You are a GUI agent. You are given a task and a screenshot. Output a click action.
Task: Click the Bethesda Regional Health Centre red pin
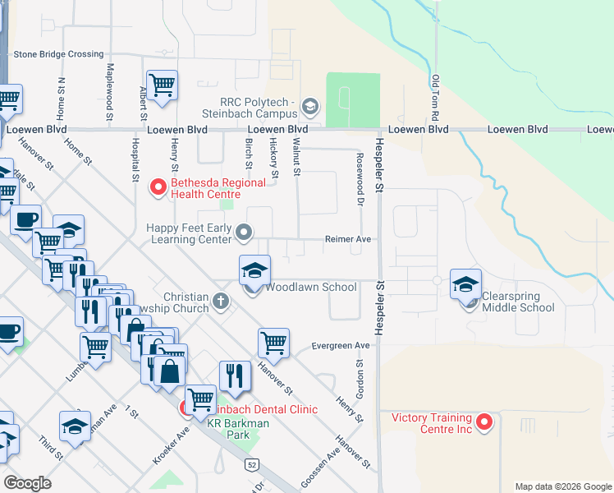point(158,188)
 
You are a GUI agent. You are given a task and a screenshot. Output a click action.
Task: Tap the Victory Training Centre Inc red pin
point(484,423)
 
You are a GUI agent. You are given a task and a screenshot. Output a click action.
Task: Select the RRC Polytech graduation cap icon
point(310,105)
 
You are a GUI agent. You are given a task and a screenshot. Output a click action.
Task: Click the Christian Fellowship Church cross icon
point(220,301)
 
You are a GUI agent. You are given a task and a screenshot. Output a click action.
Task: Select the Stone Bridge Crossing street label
point(58,54)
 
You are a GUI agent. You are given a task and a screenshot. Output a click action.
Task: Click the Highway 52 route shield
point(250,466)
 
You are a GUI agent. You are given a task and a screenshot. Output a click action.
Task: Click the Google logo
point(28,482)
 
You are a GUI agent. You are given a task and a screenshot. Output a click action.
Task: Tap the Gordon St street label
point(360,379)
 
